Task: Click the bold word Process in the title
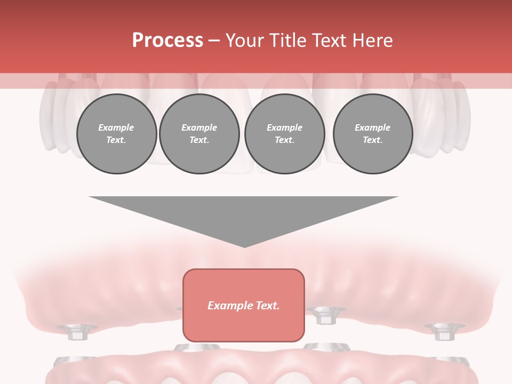[x=167, y=41]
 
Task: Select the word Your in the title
[x=246, y=41]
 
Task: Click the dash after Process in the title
[x=214, y=41]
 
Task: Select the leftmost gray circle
[x=116, y=134]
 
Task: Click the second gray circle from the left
[x=199, y=134]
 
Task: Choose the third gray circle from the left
[x=284, y=134]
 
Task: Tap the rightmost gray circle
[x=373, y=134]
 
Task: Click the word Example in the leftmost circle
[x=116, y=127]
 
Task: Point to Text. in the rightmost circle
[x=373, y=140]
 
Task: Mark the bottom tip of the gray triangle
[x=244, y=246]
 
